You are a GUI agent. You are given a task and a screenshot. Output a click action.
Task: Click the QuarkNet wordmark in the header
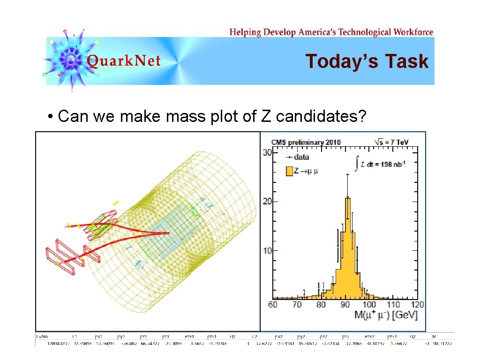pyautogui.click(x=124, y=61)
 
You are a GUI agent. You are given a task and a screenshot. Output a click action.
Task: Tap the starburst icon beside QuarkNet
pyautogui.click(x=70, y=60)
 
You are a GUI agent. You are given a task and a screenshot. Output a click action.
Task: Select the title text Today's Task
pyautogui.click(x=367, y=61)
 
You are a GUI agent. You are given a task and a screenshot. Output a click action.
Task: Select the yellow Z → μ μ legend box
pyautogui.click(x=289, y=171)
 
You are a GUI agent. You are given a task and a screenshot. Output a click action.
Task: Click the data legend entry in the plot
pyautogui.click(x=298, y=157)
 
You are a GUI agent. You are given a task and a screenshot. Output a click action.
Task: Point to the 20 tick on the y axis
pyautogui.click(x=267, y=202)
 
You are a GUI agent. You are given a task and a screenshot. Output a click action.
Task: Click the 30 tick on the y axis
pyautogui.click(x=267, y=152)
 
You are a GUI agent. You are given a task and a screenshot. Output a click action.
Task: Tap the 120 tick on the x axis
pyautogui.click(x=417, y=305)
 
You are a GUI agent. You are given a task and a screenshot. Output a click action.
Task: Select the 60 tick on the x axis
pyautogui.click(x=273, y=305)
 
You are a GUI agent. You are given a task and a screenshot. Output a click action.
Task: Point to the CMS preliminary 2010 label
pyautogui.click(x=306, y=142)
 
